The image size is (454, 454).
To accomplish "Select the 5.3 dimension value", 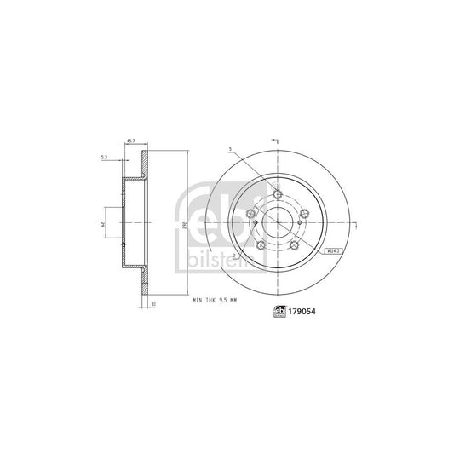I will (x=104, y=158).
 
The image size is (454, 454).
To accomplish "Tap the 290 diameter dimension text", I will (x=183, y=225).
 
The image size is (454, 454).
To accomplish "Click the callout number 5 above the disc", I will (x=229, y=150).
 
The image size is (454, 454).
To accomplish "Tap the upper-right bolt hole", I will (x=303, y=215).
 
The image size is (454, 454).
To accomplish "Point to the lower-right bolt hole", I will (x=294, y=245).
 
